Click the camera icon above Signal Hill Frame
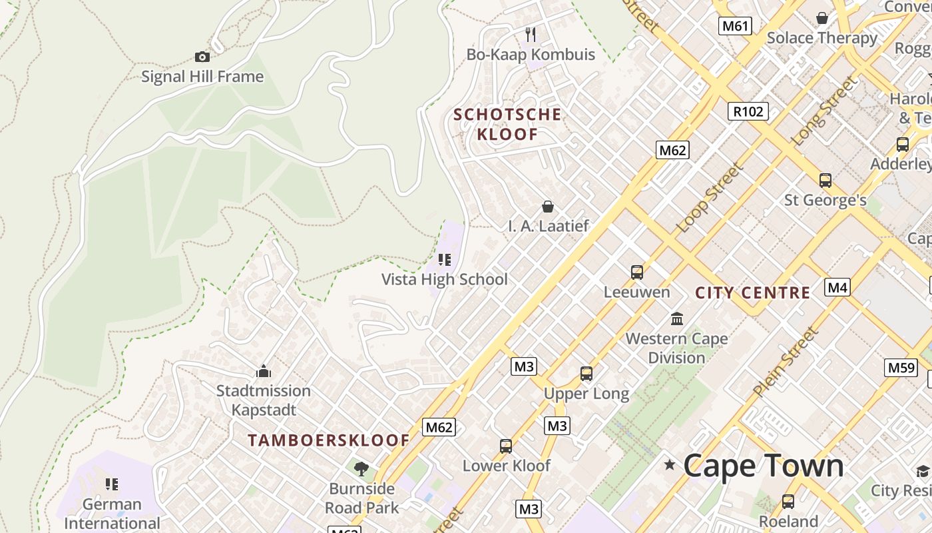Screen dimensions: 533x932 (202, 57)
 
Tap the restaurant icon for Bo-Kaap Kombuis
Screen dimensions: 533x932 (531, 34)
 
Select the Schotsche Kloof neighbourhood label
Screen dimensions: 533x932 (507, 124)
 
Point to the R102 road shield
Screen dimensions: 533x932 (748, 111)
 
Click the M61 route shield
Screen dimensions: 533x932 (736, 26)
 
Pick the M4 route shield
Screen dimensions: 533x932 (837, 287)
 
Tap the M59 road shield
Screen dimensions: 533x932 (901, 367)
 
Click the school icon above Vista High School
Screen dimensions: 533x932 (445, 260)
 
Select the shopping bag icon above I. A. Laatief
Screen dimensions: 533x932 (548, 207)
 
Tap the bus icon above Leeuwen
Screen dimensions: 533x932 (637, 272)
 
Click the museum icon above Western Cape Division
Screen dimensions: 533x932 (678, 318)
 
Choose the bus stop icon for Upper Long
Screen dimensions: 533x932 (586, 374)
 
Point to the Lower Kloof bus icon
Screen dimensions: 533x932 (506, 446)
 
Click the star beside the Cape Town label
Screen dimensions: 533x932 (670, 465)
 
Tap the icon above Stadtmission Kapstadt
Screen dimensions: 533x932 (264, 370)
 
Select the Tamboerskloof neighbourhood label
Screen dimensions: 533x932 (329, 440)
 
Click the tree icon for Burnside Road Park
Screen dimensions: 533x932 (361, 469)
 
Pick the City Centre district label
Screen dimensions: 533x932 (753, 292)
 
